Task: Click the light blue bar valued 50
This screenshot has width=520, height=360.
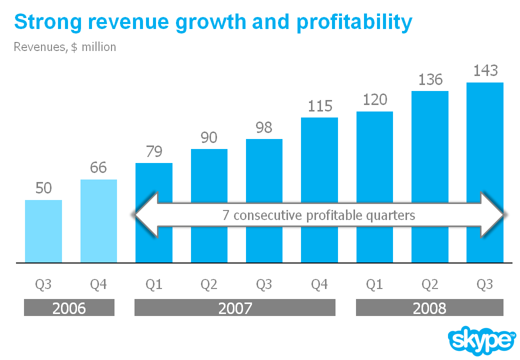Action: click(43, 231)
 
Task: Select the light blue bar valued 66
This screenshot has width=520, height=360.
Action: click(98, 221)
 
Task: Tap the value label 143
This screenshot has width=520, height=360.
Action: click(485, 70)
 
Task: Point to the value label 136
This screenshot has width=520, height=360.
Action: click(429, 79)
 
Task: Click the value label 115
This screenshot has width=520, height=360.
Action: click(319, 106)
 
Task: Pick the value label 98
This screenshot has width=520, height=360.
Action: click(264, 127)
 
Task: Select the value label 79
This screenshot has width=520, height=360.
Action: click(154, 151)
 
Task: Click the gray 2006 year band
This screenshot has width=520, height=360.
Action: click(69, 308)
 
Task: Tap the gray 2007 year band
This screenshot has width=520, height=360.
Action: click(235, 308)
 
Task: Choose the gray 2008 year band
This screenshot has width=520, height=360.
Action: click(429, 308)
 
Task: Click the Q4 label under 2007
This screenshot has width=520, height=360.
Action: click(319, 284)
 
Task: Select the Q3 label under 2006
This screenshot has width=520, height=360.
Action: click(43, 284)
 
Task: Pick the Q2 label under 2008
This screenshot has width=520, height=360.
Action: click(429, 284)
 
